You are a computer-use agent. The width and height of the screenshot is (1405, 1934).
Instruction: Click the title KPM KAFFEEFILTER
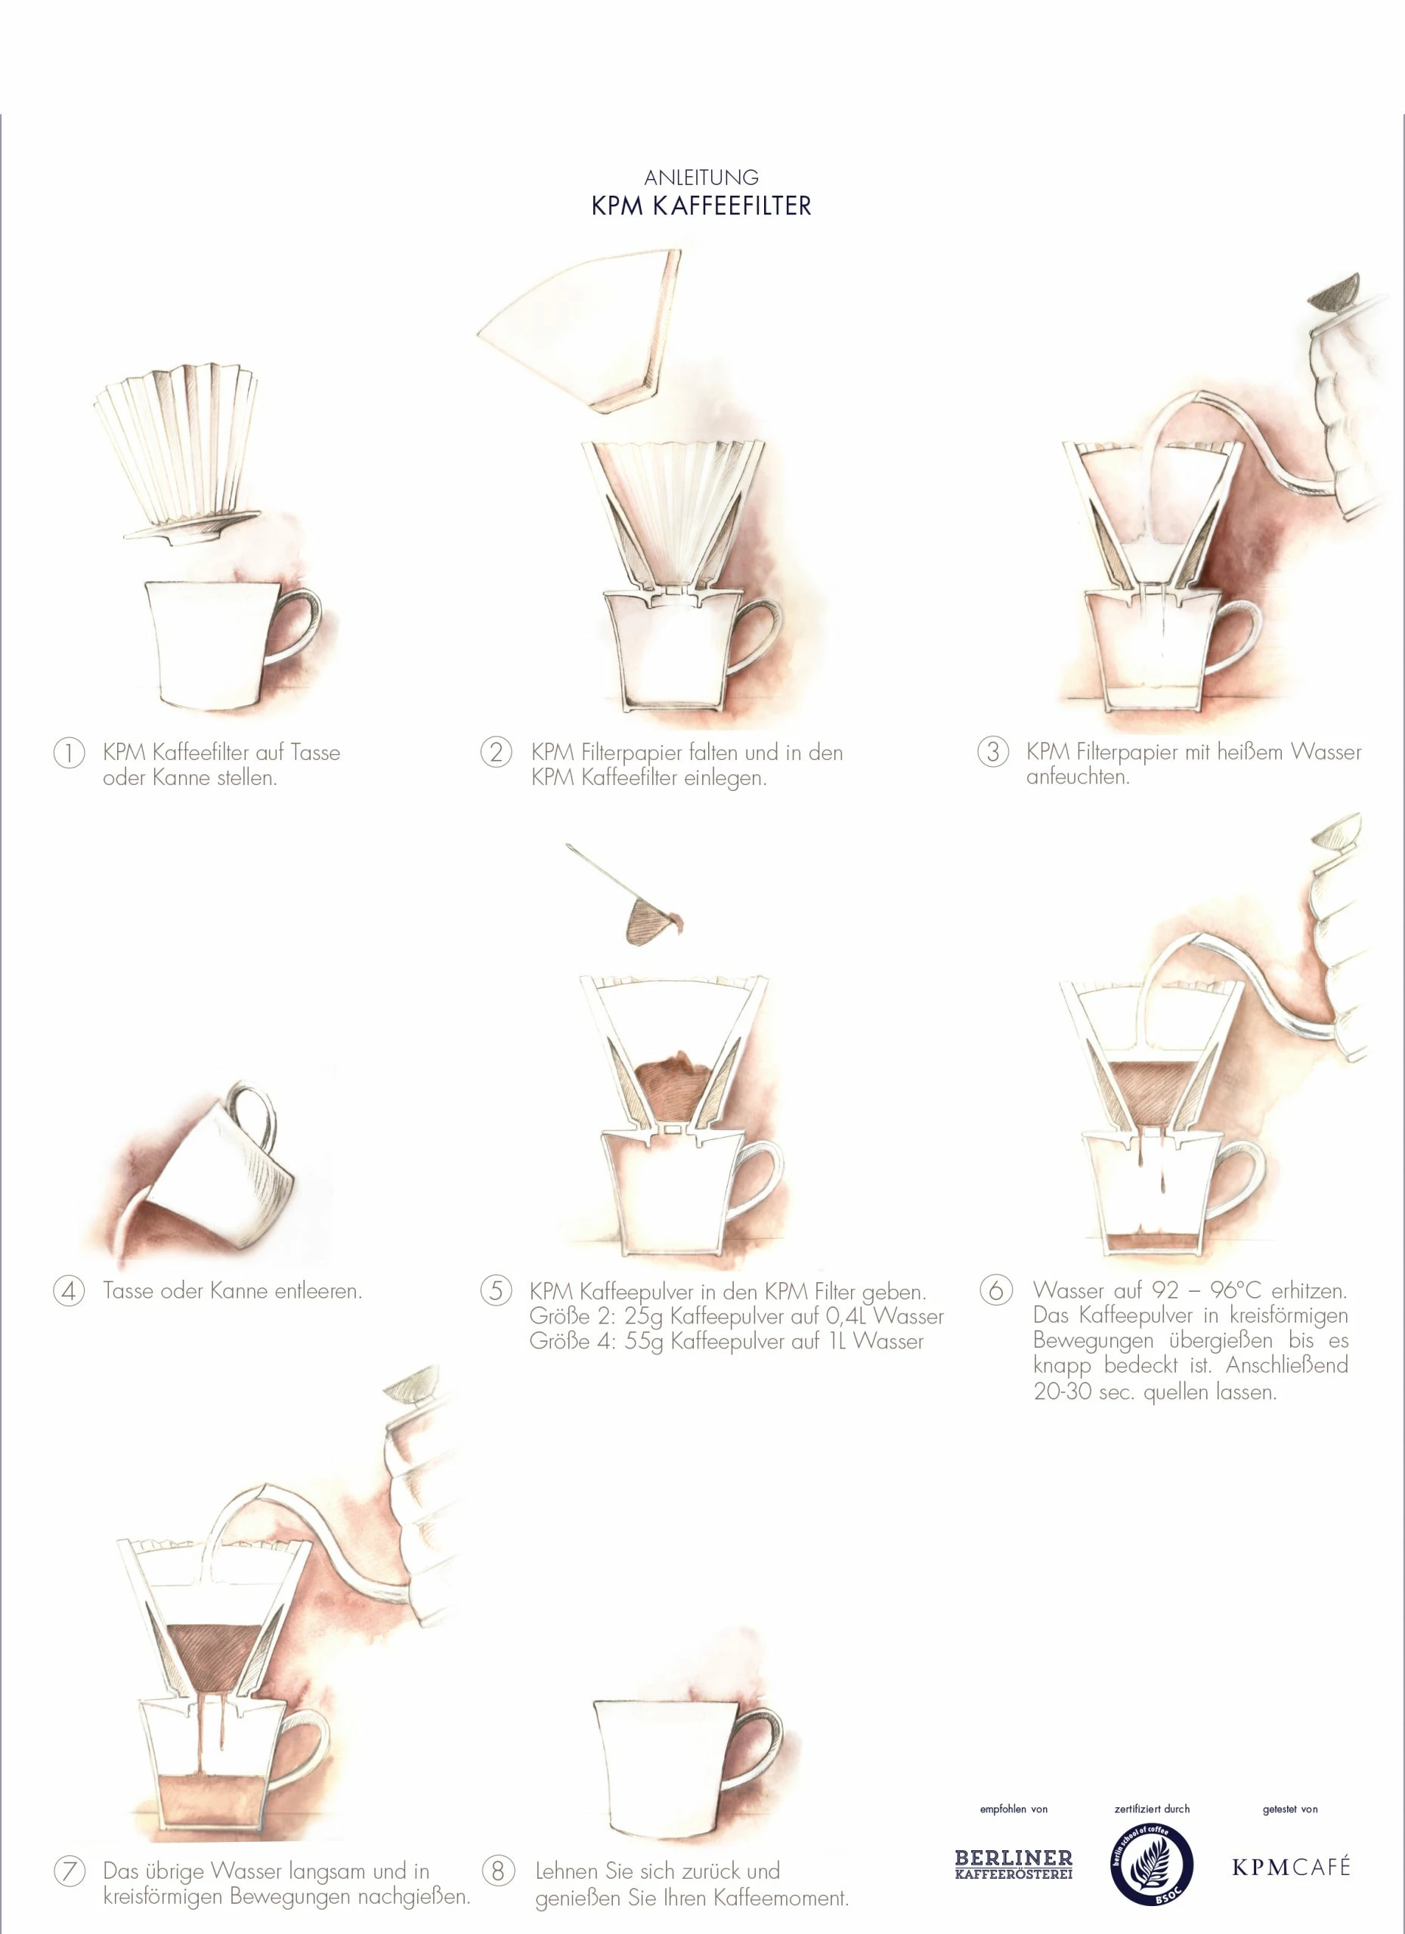(x=701, y=206)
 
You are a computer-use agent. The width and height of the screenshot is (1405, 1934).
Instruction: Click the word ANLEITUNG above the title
(x=701, y=178)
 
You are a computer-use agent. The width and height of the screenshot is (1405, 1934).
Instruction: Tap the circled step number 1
(x=69, y=753)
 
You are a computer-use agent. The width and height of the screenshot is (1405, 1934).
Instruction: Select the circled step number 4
(x=69, y=1290)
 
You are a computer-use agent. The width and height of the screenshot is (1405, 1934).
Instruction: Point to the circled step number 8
(x=498, y=1871)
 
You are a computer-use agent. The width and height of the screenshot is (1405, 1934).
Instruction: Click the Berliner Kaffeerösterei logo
(x=1014, y=1864)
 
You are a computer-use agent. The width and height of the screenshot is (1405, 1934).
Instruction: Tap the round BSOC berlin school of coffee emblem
(x=1151, y=1866)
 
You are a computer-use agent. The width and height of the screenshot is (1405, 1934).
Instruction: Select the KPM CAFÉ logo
(x=1291, y=1867)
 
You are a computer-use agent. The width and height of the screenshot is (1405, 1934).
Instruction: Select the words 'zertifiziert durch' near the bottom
(x=1152, y=1808)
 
